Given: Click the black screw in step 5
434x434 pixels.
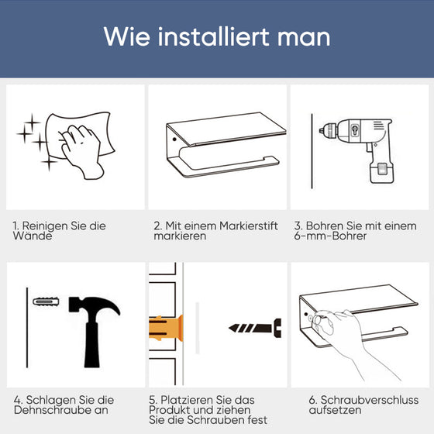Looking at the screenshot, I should pos(256,328).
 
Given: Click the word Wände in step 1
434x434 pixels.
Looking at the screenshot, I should pos(29,236).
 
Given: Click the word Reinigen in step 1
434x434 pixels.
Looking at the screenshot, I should pos(47,226).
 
